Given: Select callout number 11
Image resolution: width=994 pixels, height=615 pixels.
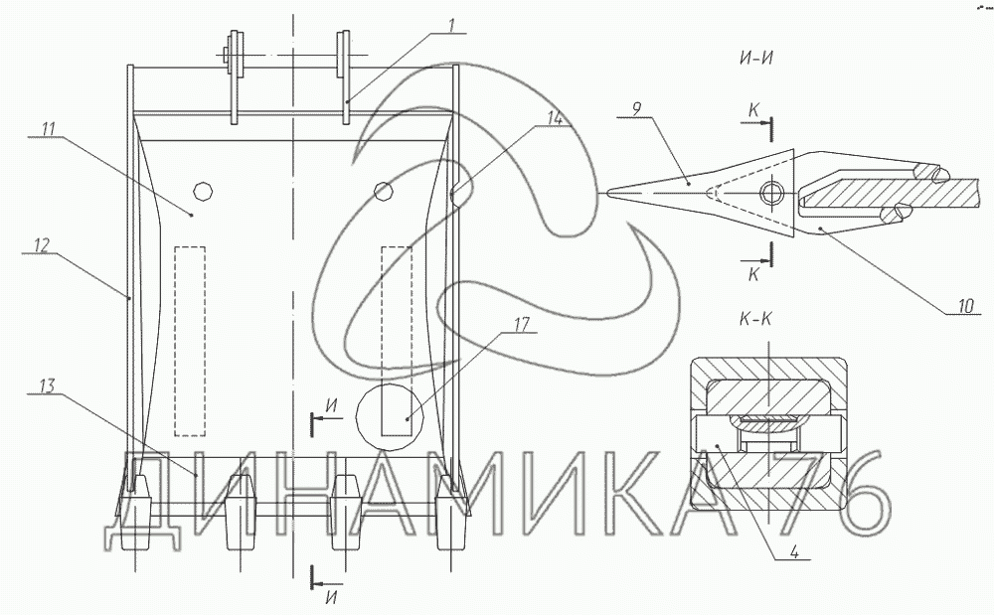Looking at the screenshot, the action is point(48,128).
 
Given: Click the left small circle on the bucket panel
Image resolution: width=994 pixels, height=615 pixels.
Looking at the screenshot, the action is point(202,190).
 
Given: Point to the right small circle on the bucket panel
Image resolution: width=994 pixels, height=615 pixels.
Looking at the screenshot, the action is point(383,189).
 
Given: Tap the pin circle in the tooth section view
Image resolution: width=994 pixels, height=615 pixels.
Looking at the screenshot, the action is point(771,192).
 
